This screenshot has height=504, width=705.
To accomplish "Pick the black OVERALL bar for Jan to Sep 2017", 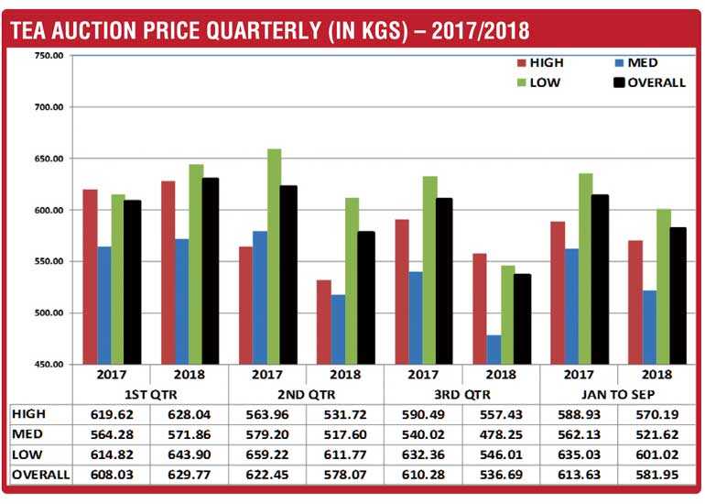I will click(x=601, y=279).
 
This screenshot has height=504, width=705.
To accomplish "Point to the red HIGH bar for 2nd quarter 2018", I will click(x=324, y=322).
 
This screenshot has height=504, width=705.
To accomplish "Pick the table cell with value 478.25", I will click(x=501, y=431).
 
